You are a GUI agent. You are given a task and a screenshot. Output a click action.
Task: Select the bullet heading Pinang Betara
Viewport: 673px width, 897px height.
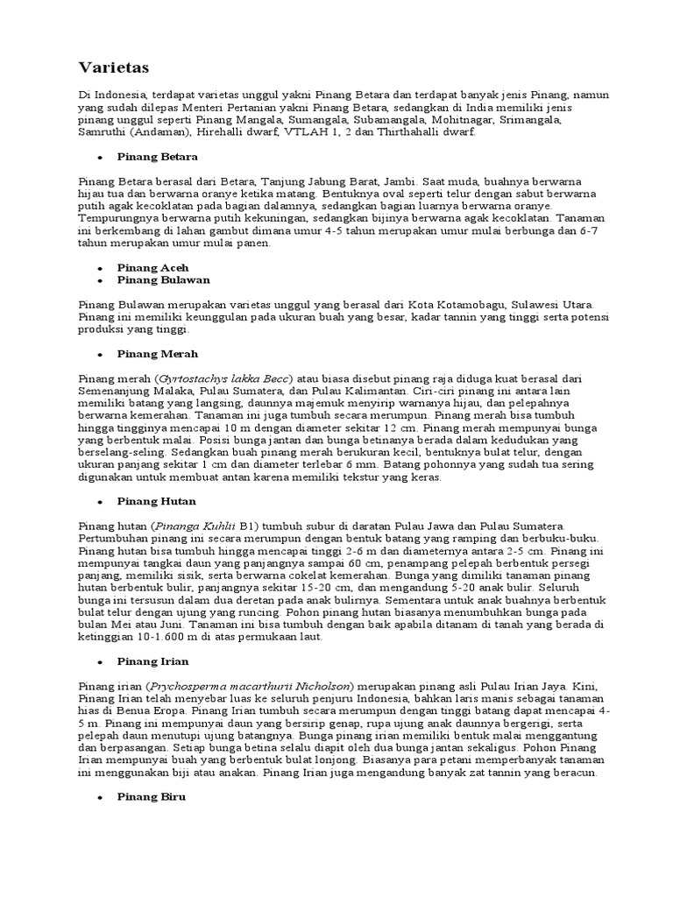coord(159,156)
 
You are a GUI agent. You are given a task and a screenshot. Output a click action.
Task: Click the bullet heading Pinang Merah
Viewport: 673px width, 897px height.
coord(158,354)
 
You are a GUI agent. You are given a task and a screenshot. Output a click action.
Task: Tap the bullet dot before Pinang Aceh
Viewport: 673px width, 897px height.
coord(101,268)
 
